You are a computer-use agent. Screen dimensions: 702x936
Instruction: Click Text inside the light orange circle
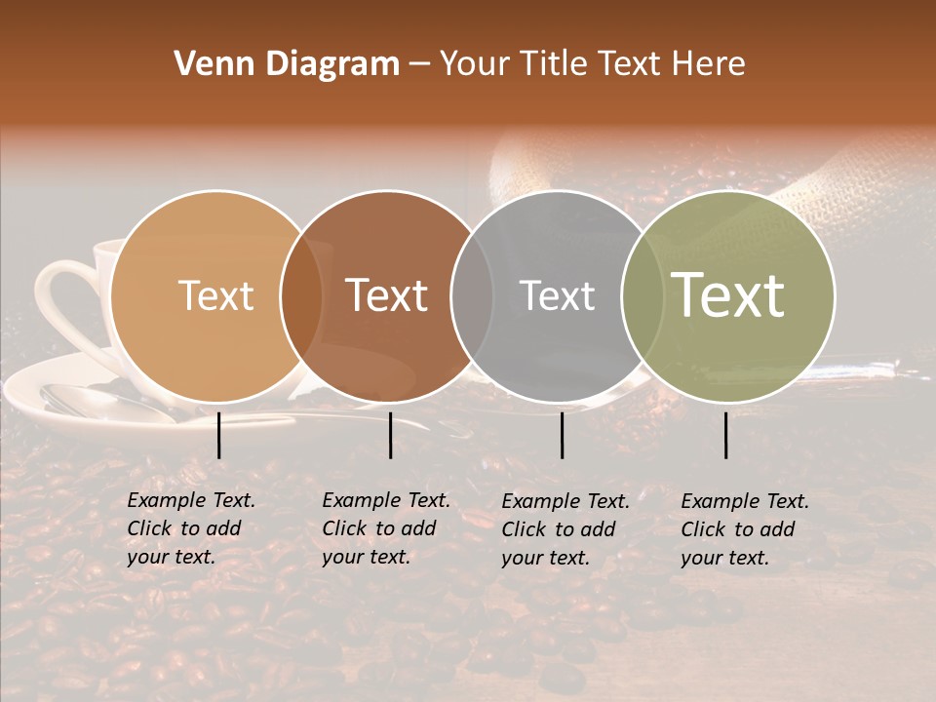coord(215,295)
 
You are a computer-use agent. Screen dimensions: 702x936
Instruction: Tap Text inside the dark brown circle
coord(387,295)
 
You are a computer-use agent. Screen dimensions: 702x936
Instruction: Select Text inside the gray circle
coord(557,295)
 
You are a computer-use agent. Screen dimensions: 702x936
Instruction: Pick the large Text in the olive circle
coord(728,295)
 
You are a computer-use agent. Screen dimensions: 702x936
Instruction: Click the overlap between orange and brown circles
coord(301,295)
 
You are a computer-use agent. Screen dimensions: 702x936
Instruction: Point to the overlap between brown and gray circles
coord(472,295)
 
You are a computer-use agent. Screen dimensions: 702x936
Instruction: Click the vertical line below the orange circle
coord(219,435)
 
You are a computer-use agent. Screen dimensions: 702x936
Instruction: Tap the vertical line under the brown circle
coord(390,435)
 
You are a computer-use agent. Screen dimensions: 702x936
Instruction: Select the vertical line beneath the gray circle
coord(562,435)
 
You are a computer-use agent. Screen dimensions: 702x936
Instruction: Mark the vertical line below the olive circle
coord(726,435)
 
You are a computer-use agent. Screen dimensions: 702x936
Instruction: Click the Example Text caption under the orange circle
coord(191,528)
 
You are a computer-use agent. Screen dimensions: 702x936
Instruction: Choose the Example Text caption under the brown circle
coord(386,528)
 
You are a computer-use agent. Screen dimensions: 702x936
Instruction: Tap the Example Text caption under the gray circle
coord(565,529)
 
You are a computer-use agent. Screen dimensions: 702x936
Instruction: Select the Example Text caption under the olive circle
coord(745,529)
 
